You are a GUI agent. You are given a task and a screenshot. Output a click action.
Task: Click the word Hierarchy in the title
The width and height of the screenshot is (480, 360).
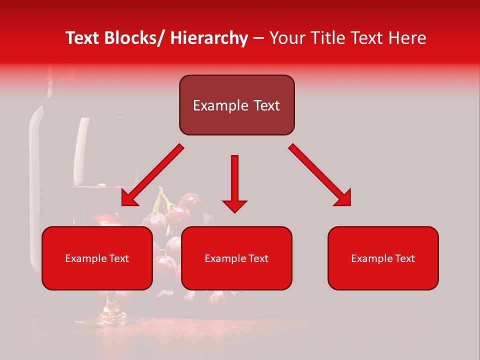[209, 38]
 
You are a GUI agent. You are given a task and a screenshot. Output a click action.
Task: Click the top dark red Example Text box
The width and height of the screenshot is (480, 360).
[236, 105]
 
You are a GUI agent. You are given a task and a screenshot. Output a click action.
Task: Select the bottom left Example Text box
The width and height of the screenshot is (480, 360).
[97, 258]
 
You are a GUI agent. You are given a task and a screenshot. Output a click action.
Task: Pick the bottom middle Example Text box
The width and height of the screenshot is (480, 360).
[236, 258]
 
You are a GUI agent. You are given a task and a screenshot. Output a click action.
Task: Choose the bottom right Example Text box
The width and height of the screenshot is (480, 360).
[383, 258]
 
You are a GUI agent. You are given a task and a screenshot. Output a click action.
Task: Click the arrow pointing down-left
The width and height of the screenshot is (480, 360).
[152, 175]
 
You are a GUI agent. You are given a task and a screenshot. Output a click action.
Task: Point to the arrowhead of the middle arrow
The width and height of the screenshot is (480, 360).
[234, 206]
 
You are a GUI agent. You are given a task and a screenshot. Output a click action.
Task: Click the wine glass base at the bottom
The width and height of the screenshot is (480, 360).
[112, 316]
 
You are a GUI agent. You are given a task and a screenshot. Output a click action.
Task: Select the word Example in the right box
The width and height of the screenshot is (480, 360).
[370, 258]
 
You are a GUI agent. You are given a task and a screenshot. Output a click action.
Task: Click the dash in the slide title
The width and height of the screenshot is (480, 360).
[258, 38]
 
